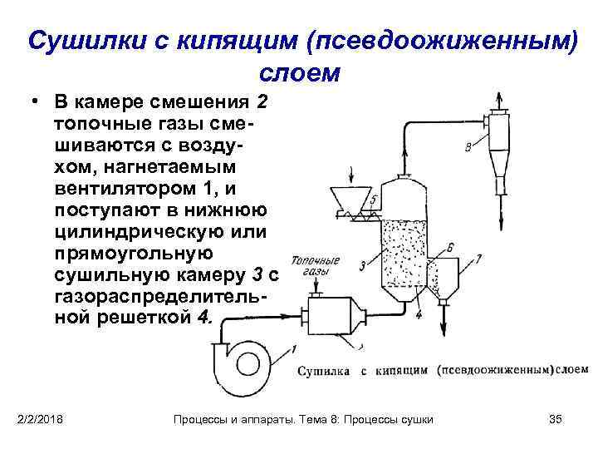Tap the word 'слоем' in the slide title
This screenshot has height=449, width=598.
pyautogui.click(x=300, y=72)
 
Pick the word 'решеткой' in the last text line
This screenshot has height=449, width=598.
pyautogui.click(x=146, y=318)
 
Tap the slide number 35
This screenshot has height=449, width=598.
pyautogui.click(x=556, y=418)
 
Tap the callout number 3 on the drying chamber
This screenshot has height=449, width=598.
pyautogui.click(x=362, y=265)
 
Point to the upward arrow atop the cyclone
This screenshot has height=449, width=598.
pyautogui.click(x=500, y=99)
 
